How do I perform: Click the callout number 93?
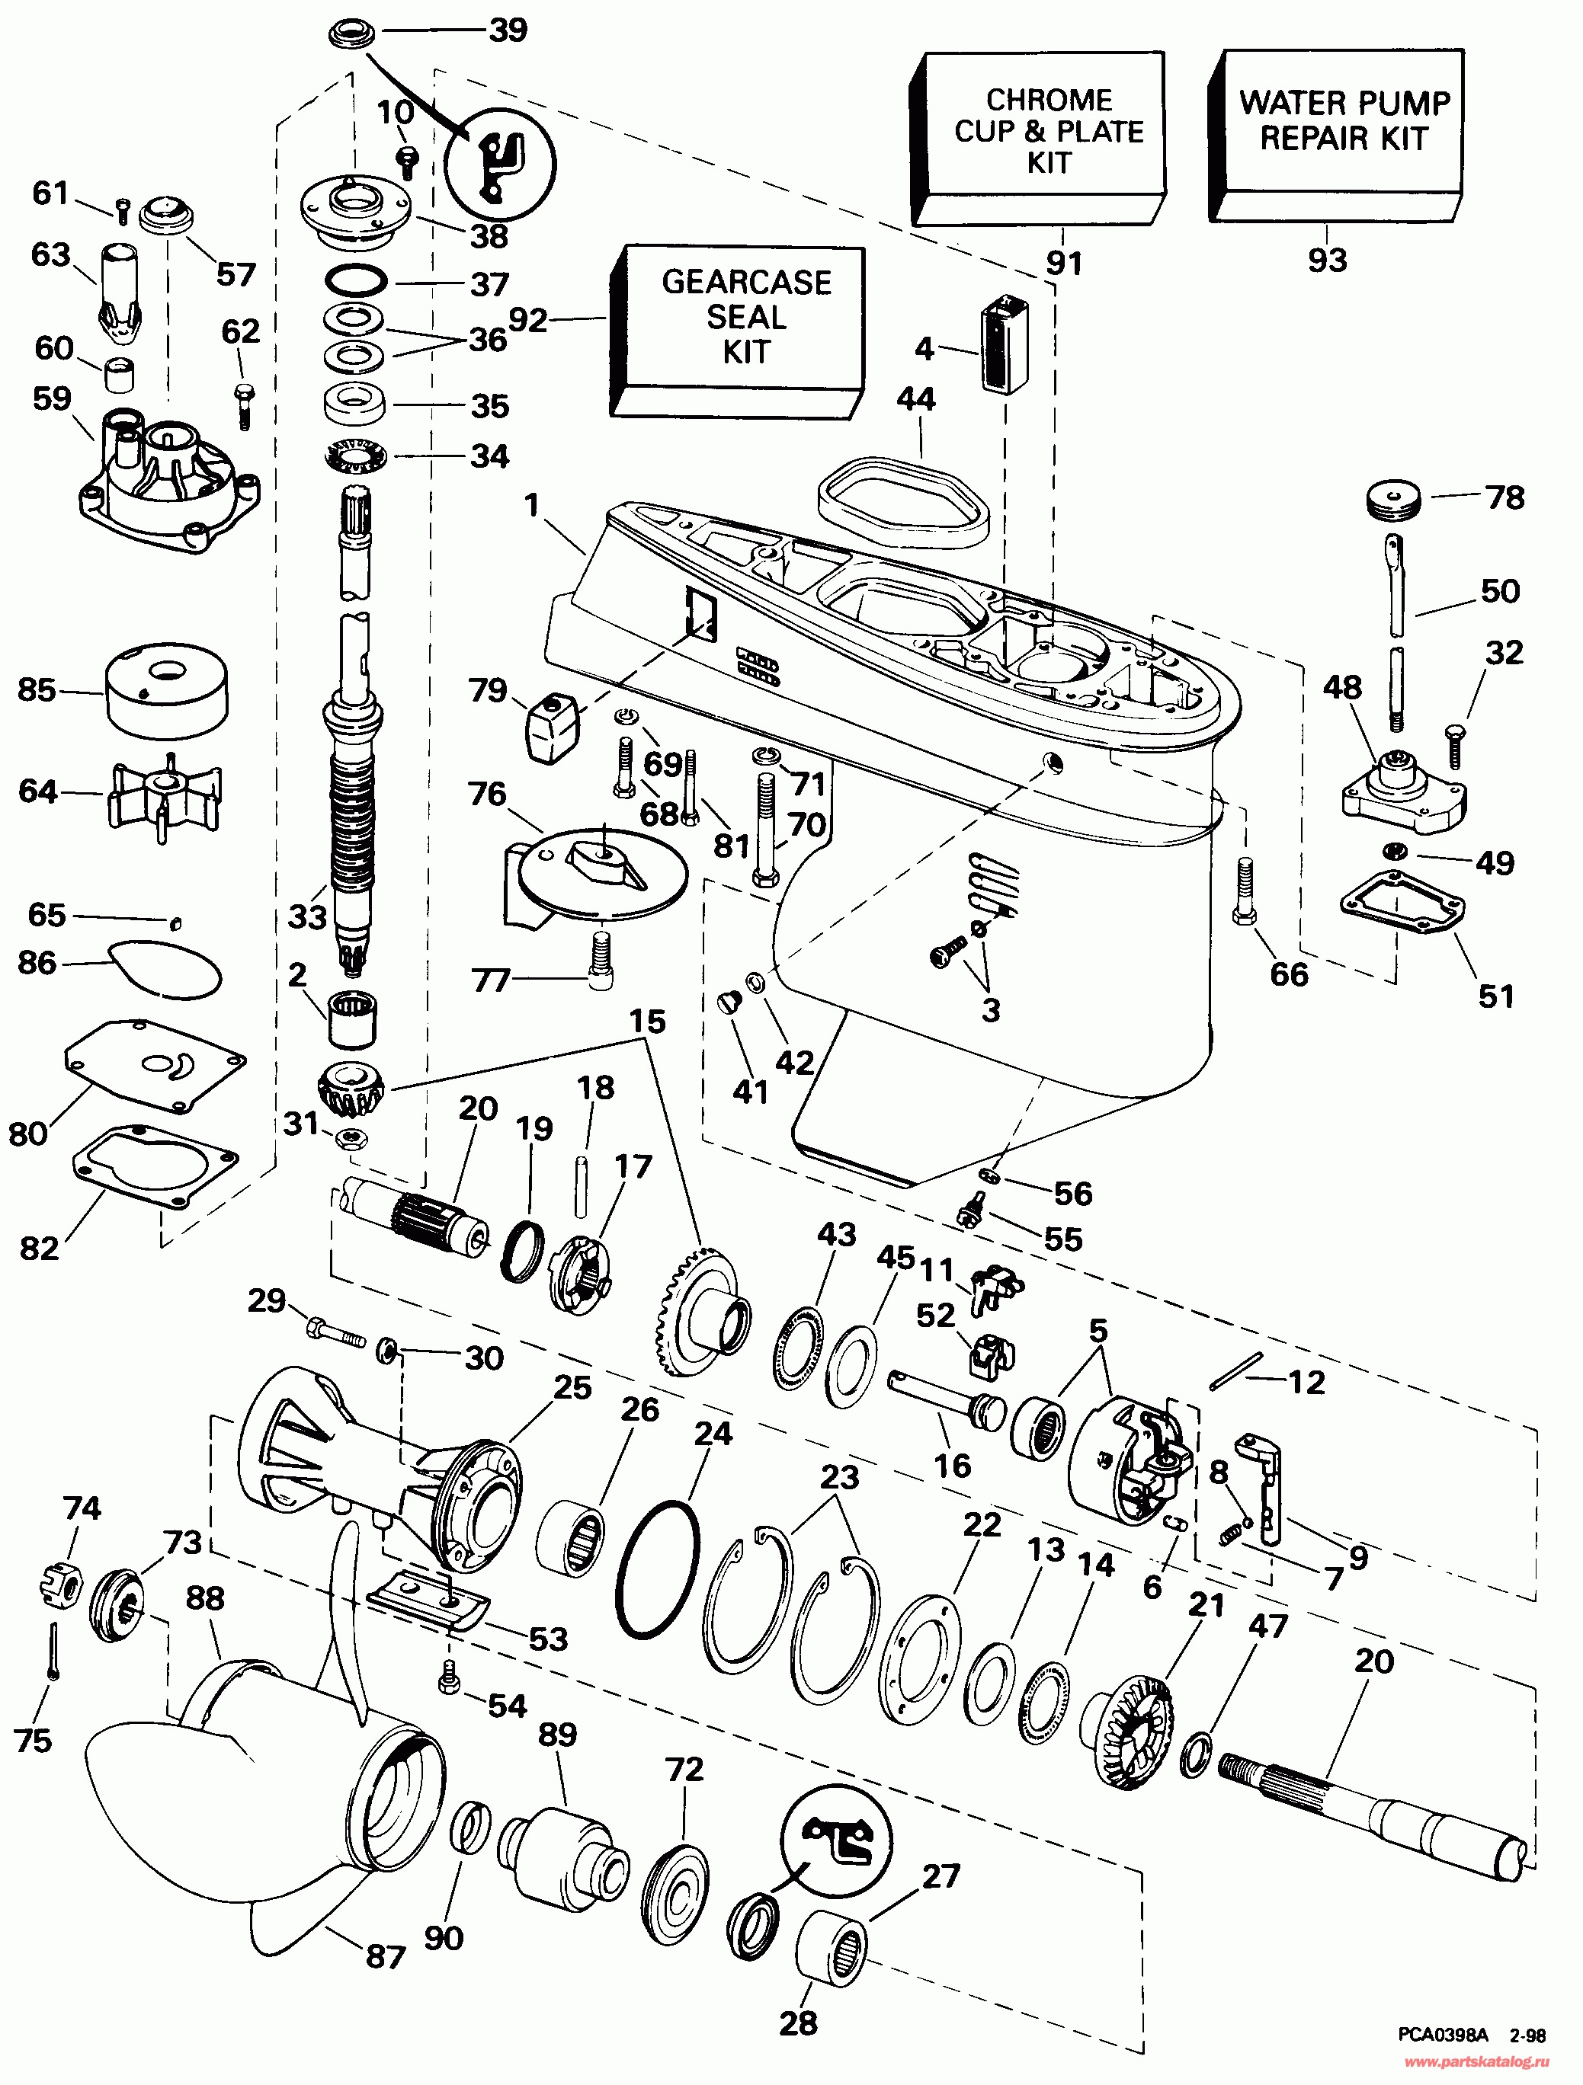coord(1327,261)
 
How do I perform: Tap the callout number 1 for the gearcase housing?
coord(533,505)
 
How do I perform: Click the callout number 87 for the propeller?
coord(385,1957)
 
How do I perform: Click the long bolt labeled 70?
coord(764,830)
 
